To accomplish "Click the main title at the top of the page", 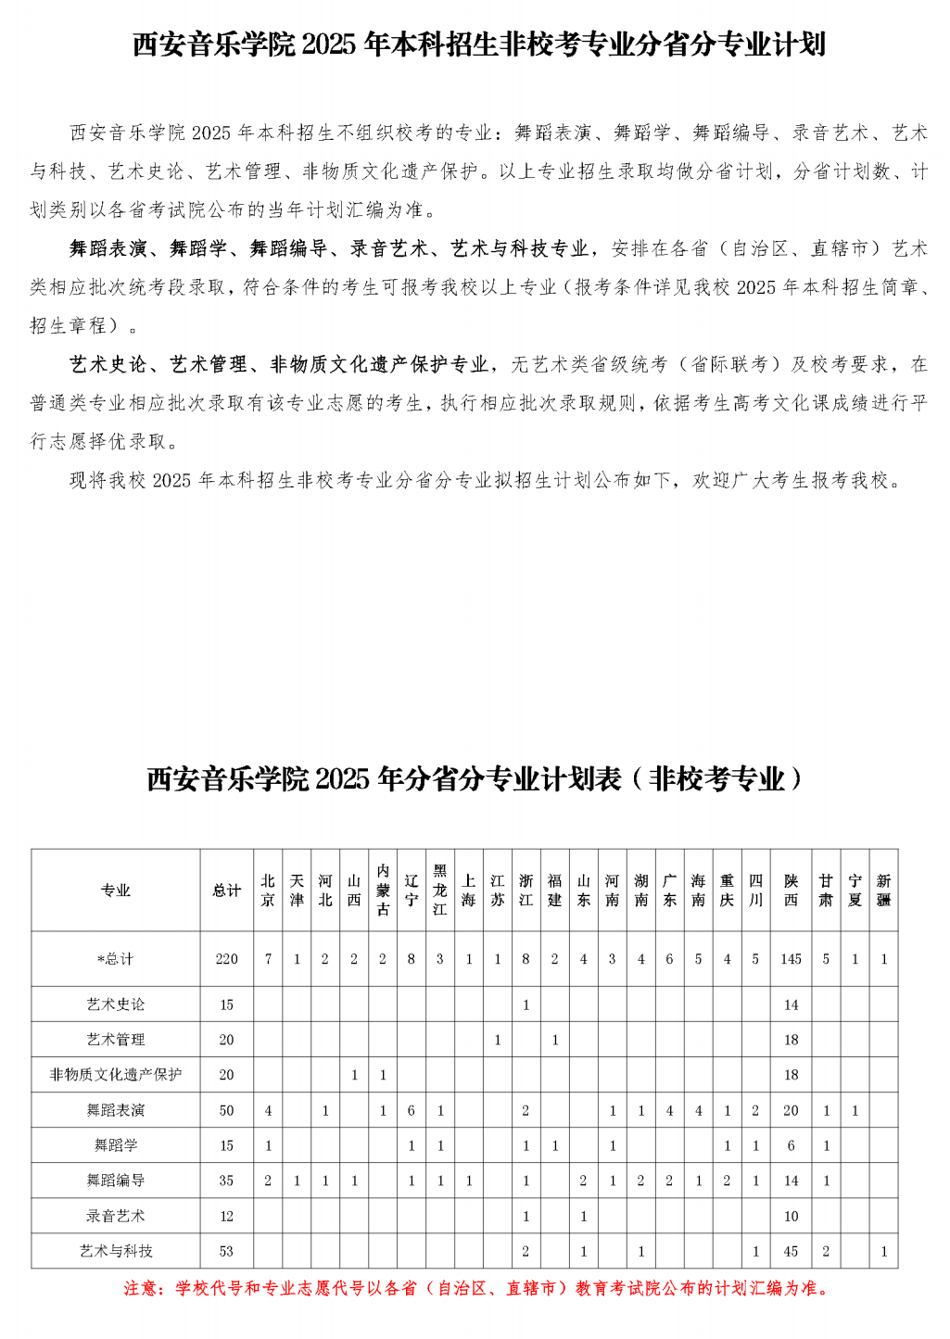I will [478, 44].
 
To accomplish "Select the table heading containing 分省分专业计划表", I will [474, 778].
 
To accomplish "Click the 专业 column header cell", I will [116, 891].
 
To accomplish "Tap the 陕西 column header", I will [791, 891].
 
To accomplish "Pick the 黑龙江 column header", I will [440, 891].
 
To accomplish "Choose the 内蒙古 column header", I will [383, 891].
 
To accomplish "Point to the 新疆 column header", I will [884, 891].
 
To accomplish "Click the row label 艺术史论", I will [116, 1004].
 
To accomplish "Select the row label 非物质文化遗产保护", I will [116, 1075].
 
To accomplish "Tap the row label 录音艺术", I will [116, 1216].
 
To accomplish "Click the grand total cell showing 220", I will [227, 959].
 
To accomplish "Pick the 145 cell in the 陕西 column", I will [791, 959].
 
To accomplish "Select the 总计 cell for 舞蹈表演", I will [227, 1110].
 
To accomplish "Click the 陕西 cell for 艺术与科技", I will [791, 1251].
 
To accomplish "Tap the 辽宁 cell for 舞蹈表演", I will [412, 1110].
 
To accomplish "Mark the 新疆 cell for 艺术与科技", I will [884, 1251].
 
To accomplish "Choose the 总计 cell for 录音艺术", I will [227, 1216].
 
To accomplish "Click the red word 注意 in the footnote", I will [142, 1288].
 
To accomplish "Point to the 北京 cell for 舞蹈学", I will [269, 1145].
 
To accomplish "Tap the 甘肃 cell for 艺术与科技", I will [826, 1251].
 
